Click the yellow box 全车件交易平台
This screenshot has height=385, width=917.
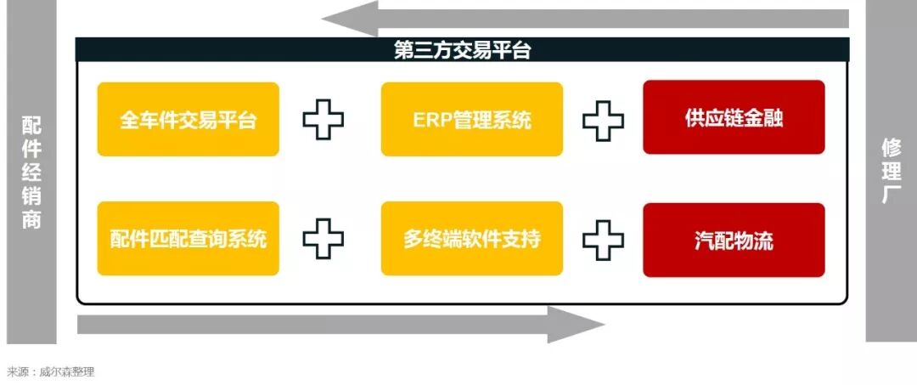coord(188,119)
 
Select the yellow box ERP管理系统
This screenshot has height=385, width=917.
coord(471,119)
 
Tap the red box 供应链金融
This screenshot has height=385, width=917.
coord(734,117)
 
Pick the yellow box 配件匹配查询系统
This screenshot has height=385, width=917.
coord(188,239)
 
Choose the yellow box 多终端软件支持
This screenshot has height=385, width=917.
coord(471,239)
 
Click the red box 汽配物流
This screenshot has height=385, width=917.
coord(734,240)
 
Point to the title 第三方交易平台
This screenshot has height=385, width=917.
coord(462,50)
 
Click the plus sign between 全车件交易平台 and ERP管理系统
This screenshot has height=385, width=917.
coord(323,120)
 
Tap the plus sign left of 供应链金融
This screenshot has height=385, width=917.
coord(603,120)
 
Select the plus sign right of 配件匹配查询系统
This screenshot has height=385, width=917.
coord(323,239)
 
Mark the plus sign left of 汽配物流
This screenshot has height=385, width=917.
coord(603,239)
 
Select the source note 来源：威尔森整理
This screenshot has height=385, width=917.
coord(51,371)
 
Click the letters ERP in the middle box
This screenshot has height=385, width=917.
coord(428,120)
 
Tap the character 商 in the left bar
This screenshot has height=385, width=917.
coord(31,219)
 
